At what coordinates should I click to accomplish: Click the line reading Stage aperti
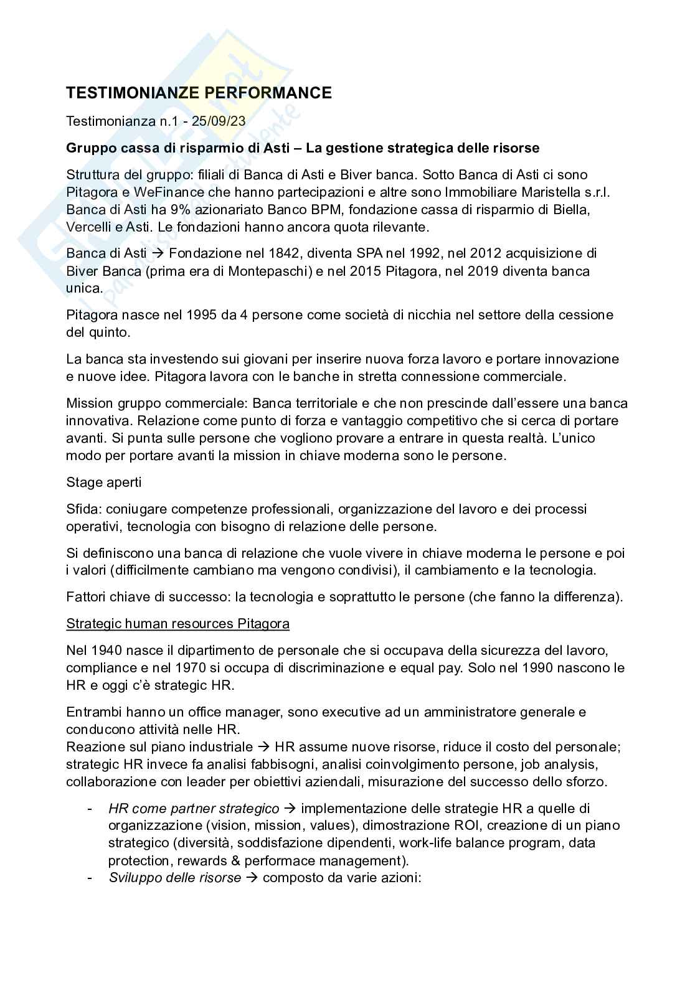tap(103, 482)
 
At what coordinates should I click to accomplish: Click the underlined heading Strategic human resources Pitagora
tap(177, 624)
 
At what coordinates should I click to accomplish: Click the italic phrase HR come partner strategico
tap(194, 809)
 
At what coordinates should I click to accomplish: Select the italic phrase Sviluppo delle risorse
tap(174, 878)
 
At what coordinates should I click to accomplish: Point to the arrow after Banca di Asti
tap(158, 253)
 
